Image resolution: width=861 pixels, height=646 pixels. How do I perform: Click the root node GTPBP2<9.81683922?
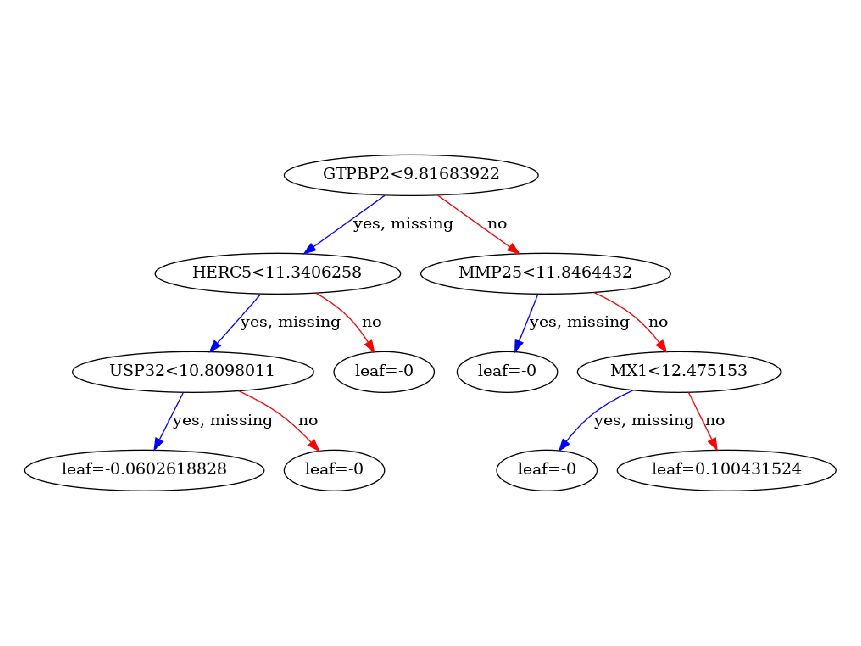point(411,175)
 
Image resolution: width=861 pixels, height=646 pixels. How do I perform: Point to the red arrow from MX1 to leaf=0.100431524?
point(703,421)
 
